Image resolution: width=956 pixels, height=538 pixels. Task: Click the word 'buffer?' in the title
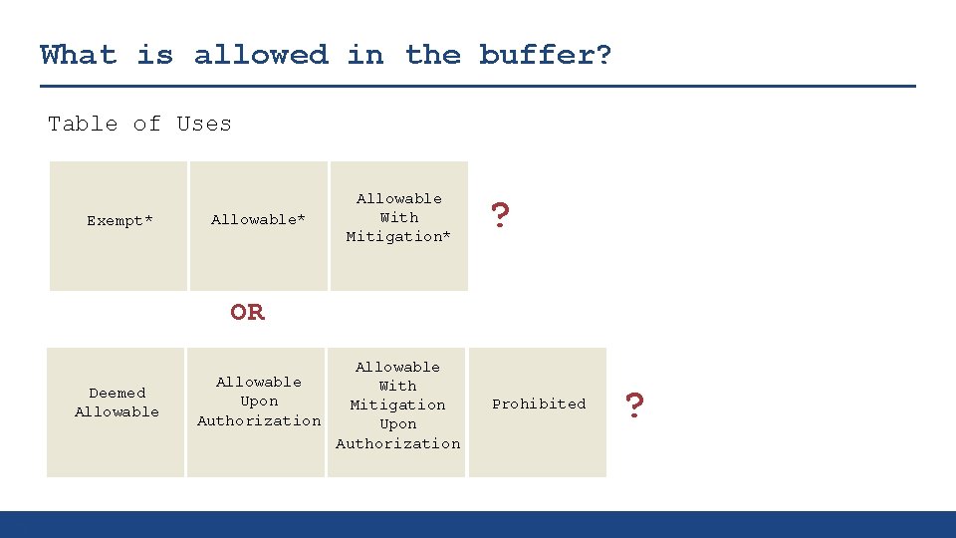click(x=545, y=55)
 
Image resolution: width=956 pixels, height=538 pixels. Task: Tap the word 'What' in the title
click(x=78, y=55)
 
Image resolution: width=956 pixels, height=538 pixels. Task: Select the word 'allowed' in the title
click(x=261, y=55)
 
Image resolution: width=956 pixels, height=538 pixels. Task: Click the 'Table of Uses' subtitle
click(x=139, y=124)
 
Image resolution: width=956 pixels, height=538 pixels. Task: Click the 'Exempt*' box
click(x=119, y=226)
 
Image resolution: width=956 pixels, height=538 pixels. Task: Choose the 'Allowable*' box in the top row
click(x=259, y=226)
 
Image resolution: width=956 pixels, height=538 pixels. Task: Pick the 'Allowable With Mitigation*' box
click(x=398, y=226)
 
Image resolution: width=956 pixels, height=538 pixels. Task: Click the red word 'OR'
click(x=247, y=312)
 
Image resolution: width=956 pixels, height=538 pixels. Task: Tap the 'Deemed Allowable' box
click(x=116, y=411)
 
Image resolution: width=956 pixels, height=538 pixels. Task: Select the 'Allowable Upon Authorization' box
click(x=258, y=411)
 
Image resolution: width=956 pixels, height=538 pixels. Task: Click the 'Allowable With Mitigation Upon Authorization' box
click(x=397, y=411)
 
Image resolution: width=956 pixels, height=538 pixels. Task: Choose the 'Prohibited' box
click(x=538, y=411)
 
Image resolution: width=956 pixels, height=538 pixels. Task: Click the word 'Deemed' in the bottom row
click(x=117, y=393)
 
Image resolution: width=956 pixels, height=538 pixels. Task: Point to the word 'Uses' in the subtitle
click(x=203, y=124)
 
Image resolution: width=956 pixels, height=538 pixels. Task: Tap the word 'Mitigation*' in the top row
click(x=398, y=236)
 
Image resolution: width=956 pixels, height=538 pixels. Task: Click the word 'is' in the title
click(x=154, y=55)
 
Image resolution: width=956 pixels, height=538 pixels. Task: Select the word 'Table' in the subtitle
click(x=83, y=124)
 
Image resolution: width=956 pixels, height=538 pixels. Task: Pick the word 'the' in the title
click(x=433, y=55)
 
